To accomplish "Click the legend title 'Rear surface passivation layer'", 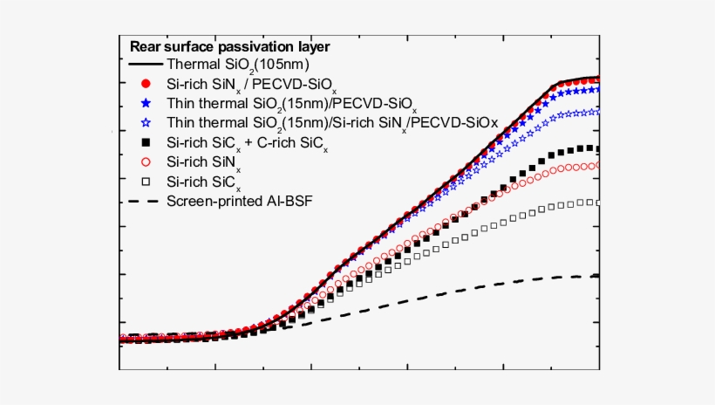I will click(229, 46).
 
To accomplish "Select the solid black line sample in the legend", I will click(146, 65).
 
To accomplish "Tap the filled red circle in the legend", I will click(146, 84).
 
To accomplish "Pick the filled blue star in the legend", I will click(146, 103).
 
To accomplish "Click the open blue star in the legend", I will click(146, 122).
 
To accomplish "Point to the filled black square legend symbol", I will click(146, 141).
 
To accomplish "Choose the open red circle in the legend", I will click(146, 161).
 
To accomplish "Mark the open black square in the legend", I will click(146, 181).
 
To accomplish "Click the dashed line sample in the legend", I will click(146, 202).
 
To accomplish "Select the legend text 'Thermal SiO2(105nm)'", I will click(238, 65).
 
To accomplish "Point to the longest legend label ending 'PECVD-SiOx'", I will click(332, 123).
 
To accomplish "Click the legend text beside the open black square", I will click(204, 182).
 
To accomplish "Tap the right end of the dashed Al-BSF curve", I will click(597, 276).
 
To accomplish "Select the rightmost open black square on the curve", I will click(595, 202).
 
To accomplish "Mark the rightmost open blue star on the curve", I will click(595, 111).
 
